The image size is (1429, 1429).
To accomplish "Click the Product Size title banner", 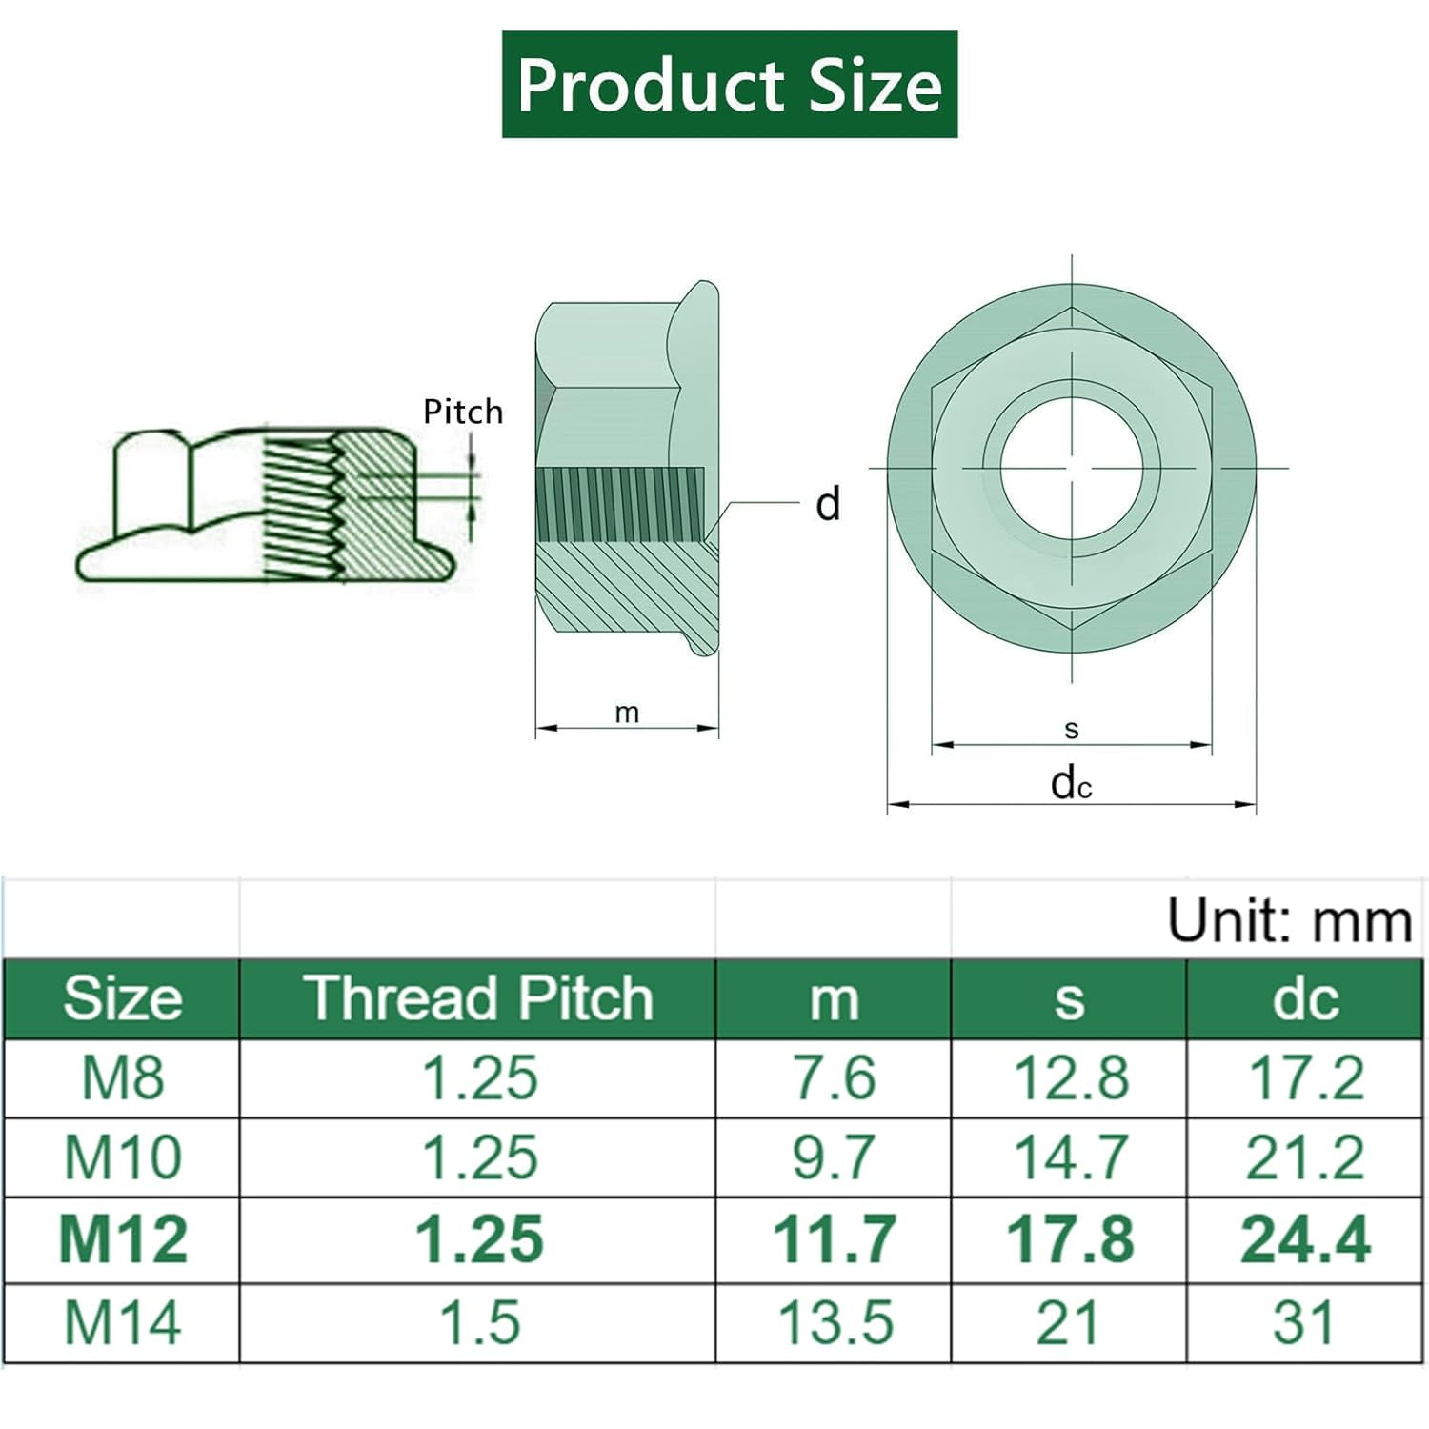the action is [x=730, y=85].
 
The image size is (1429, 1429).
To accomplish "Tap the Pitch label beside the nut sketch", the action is [x=463, y=412].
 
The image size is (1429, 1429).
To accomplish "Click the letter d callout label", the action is [x=828, y=504].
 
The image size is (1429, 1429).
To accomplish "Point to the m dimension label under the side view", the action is [x=627, y=714].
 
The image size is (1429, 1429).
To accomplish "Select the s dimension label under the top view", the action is [x=1072, y=730].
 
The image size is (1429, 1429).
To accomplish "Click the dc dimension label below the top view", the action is [x=1071, y=783].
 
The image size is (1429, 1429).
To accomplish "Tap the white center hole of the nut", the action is [x=1072, y=469].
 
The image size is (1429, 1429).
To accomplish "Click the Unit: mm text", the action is [x=1290, y=921].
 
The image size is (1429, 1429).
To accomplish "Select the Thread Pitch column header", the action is [x=479, y=998].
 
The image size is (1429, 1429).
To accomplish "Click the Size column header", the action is [x=123, y=998].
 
